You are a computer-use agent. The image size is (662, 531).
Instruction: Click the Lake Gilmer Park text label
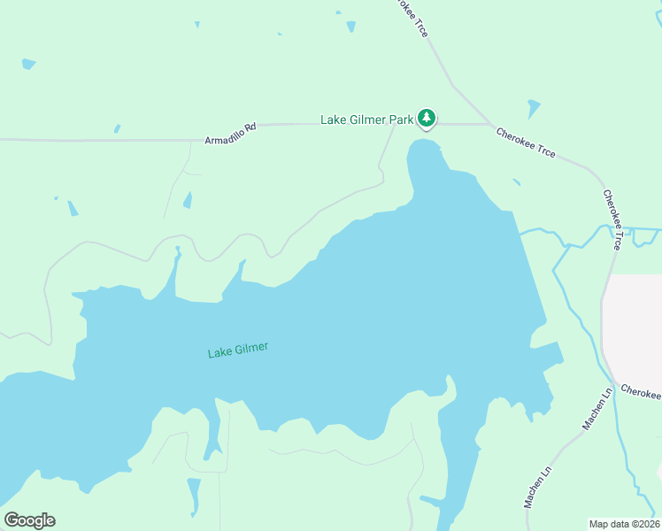coord(366,119)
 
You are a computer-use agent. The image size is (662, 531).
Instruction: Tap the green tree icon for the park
coord(427,118)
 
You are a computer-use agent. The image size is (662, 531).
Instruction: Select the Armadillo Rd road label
coord(230,135)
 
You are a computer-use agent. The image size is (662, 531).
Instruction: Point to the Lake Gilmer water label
coord(237,350)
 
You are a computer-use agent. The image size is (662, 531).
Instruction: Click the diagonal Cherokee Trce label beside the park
coord(526,143)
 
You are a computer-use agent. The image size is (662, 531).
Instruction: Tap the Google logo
coord(29,520)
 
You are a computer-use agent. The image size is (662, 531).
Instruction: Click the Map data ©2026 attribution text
coord(624,523)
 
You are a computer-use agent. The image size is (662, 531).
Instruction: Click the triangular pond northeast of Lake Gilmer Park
coord(533,109)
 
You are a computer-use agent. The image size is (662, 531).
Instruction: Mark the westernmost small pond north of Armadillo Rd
coord(28,64)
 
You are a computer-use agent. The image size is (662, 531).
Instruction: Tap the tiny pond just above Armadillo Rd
coord(117,129)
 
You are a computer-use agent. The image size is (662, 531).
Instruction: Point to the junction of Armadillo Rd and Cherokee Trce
coord(489,124)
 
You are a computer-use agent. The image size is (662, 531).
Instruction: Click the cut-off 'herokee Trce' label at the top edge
coord(411,16)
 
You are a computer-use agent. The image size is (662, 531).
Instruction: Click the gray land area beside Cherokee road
coord(635,327)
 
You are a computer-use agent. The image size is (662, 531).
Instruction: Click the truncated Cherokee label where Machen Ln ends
coord(641,392)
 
